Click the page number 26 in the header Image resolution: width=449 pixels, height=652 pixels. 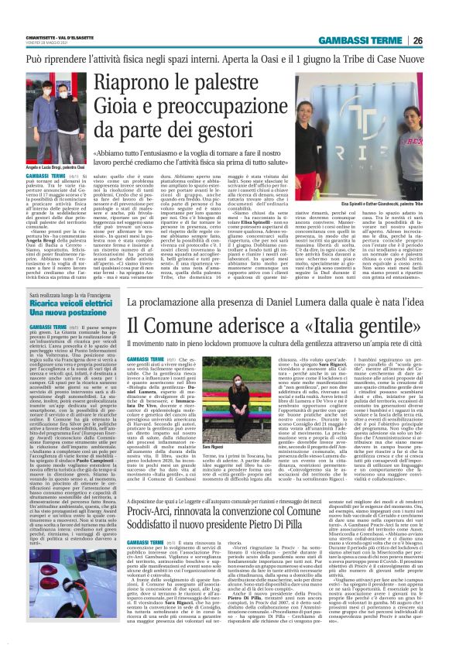pos(418,40)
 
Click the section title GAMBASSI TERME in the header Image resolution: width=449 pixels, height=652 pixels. pos(365,40)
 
